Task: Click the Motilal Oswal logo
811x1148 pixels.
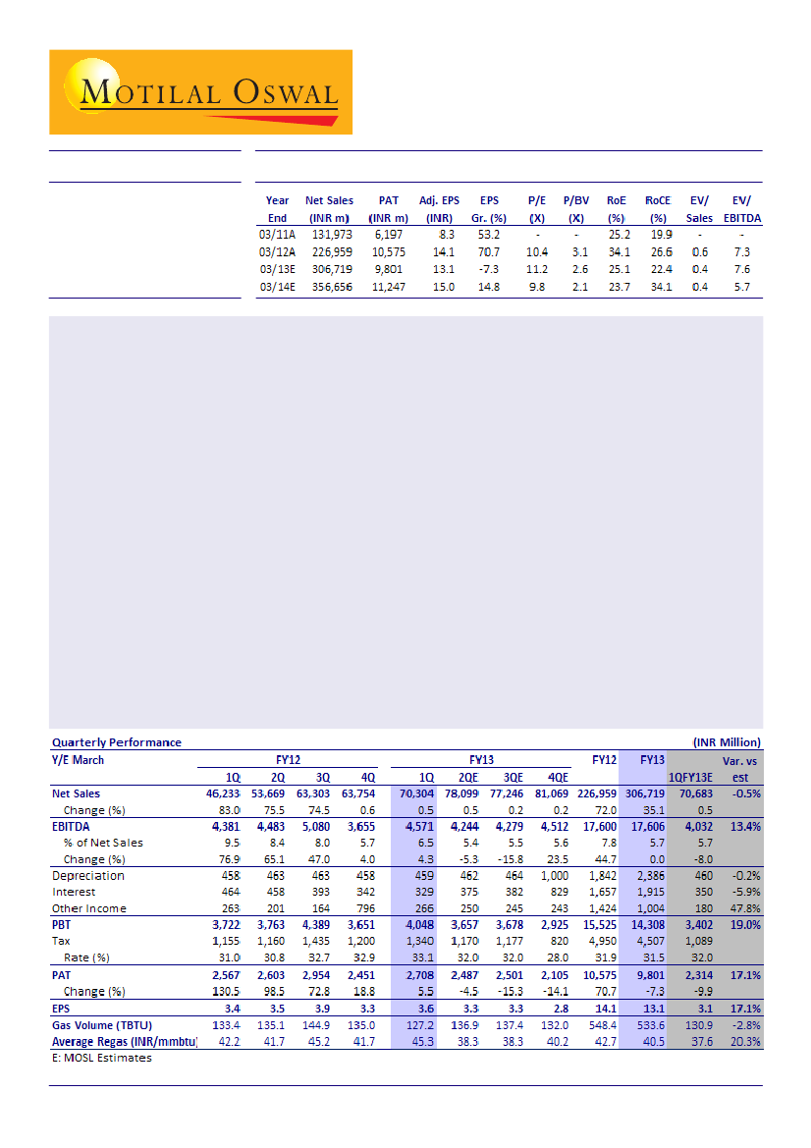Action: click(200, 92)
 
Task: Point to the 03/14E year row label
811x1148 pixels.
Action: click(277, 287)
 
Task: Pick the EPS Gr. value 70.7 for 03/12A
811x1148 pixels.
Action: click(489, 252)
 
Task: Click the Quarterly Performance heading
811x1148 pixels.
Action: click(116, 742)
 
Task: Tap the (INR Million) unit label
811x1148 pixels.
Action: click(720, 742)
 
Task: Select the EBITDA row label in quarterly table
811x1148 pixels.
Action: click(72, 827)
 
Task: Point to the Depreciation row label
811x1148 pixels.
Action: click(88, 876)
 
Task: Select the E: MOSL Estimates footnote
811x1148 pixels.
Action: click(101, 1058)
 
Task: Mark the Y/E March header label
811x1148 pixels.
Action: click(78, 760)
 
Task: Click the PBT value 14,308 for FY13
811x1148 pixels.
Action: click(644, 926)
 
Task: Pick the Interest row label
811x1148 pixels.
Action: click(75, 893)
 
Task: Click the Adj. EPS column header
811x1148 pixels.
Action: click(439, 200)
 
